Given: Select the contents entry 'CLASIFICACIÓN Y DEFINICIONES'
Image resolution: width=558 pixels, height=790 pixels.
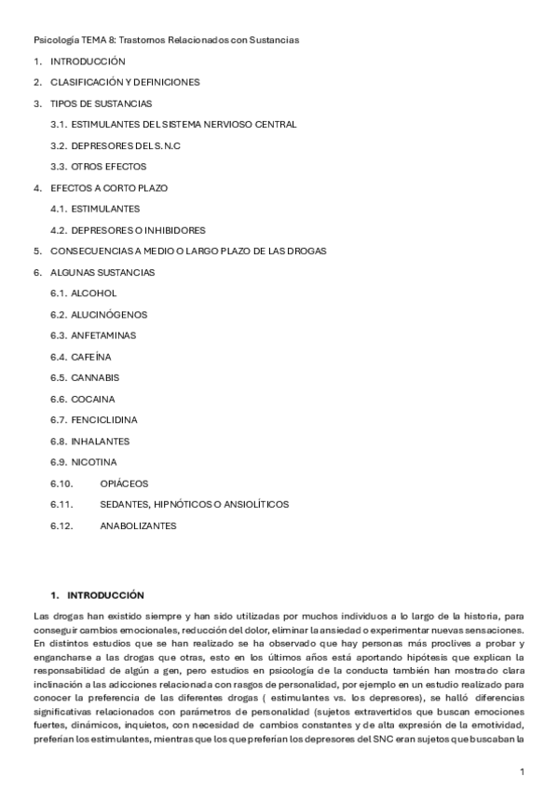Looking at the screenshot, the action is (125, 82).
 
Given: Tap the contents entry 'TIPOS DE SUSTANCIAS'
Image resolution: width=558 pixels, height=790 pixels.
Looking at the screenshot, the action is (102, 103).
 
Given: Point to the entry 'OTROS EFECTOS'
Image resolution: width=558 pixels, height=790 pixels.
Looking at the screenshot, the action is (108, 166).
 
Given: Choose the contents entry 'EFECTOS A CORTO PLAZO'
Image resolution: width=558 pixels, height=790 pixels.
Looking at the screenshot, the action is (109, 187).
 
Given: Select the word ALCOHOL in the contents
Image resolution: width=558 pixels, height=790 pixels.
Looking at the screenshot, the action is (94, 293).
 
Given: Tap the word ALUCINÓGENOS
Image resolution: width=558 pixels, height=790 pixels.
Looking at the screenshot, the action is (109, 314).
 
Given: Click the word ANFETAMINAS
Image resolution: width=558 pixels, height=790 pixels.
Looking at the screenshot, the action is (103, 335).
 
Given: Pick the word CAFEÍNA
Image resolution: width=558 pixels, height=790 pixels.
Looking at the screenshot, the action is (90, 357).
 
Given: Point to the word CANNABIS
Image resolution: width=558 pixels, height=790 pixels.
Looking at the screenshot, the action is (95, 377).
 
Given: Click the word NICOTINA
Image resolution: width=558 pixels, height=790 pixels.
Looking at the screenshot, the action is (94, 462).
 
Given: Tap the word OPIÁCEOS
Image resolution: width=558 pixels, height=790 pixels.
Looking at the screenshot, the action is (124, 484).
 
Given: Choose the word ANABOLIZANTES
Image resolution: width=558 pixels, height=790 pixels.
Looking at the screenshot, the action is (138, 525).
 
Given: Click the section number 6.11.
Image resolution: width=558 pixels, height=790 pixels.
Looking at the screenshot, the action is (61, 504).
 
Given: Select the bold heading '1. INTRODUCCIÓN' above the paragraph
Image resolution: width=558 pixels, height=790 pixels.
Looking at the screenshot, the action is (97, 593).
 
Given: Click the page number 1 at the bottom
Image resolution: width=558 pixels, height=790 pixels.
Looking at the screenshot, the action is (523, 771).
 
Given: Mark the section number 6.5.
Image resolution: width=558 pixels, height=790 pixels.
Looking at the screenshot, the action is (59, 377).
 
